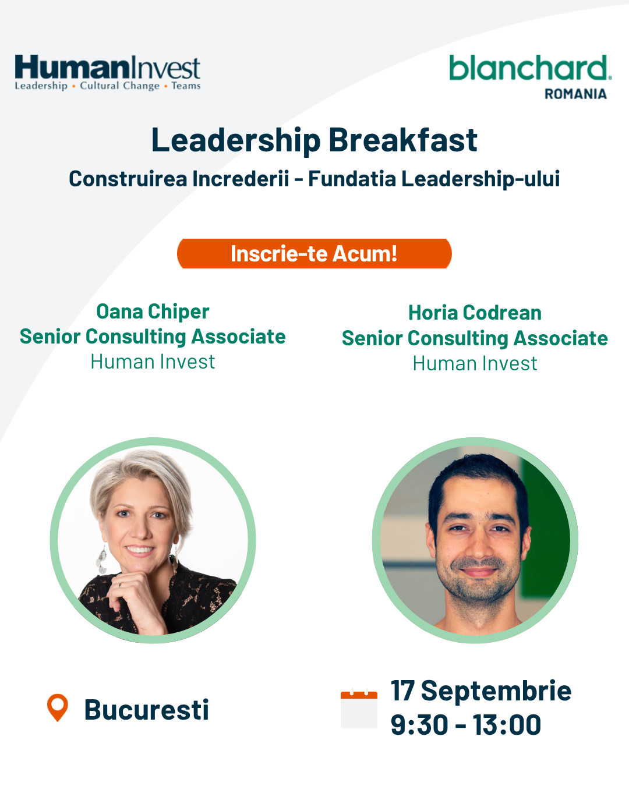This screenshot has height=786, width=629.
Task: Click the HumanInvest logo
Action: pyautogui.click(x=107, y=73)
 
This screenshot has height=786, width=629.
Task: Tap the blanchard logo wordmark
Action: pyautogui.click(x=530, y=68)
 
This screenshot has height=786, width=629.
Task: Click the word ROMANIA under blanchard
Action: pyautogui.click(x=575, y=94)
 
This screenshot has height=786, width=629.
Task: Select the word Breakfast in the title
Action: pyautogui.click(x=403, y=140)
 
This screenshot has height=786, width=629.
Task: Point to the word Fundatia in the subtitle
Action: pyautogui.click(x=352, y=179)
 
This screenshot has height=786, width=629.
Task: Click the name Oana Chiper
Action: pyautogui.click(x=153, y=312)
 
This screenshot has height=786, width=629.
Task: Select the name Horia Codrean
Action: pyautogui.click(x=475, y=313)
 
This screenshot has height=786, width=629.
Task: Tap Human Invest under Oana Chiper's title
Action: pyautogui.click(x=153, y=362)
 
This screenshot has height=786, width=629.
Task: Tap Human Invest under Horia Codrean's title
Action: pyautogui.click(x=475, y=364)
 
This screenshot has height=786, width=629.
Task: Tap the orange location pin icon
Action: pyautogui.click(x=58, y=707)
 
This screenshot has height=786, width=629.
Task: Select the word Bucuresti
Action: pyautogui.click(x=147, y=710)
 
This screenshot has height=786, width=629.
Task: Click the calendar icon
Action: pyautogui.click(x=359, y=709)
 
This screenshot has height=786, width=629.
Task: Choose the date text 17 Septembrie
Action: pyautogui.click(x=481, y=691)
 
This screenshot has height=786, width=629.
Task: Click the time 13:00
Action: pyautogui.click(x=507, y=725)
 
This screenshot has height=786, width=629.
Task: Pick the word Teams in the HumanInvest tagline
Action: pyautogui.click(x=186, y=86)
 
